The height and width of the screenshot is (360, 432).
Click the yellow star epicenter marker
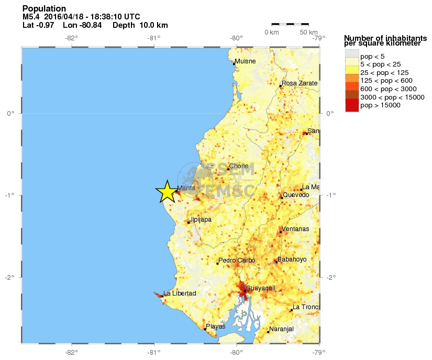[x=167, y=192]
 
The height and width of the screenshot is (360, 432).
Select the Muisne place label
[x=245, y=61]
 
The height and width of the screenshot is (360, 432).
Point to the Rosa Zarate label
[x=300, y=83]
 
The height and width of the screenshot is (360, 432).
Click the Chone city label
[x=239, y=166]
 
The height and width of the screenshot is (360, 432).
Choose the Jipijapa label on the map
[x=201, y=220]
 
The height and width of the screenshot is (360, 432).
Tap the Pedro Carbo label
[x=237, y=260]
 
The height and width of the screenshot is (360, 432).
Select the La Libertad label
[x=180, y=293]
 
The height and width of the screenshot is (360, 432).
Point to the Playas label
[x=216, y=326]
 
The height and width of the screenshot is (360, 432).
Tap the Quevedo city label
[x=296, y=195]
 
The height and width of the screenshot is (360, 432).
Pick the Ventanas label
[x=295, y=229]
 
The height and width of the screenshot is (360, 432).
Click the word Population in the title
[x=44, y=8]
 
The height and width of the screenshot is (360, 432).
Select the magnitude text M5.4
[x=32, y=17]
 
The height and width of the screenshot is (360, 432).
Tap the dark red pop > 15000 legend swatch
[x=351, y=105]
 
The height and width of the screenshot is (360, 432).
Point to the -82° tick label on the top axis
[x=71, y=38]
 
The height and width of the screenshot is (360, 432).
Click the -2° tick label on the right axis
[x=330, y=277]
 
